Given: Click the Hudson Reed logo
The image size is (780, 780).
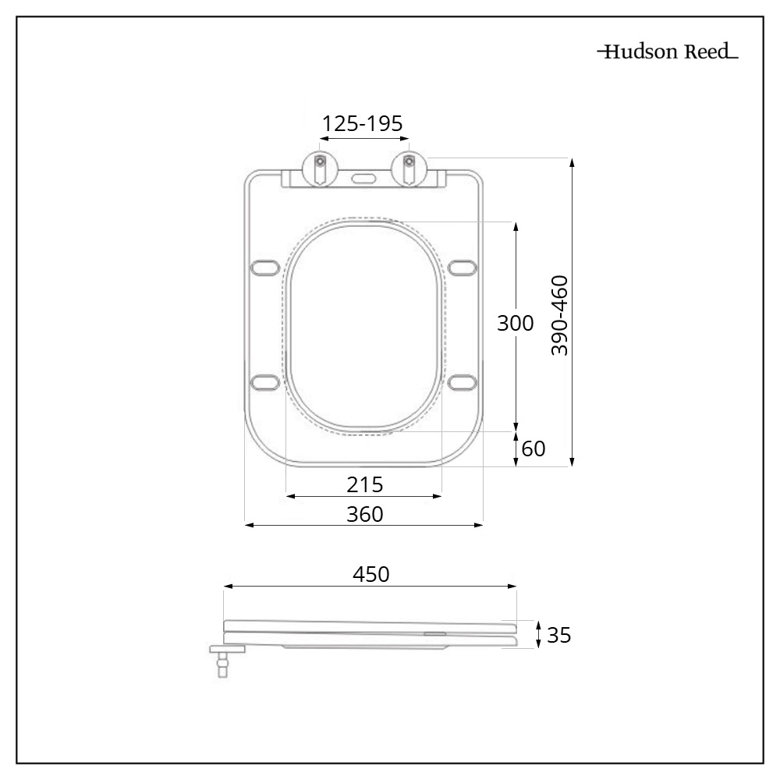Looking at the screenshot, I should click(668, 53).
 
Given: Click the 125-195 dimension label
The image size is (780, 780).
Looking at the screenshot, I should click(363, 123).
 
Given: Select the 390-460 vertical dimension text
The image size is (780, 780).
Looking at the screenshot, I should click(559, 314).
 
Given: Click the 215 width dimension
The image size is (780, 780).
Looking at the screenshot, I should click(365, 485).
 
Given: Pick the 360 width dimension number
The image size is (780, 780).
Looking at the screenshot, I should click(365, 515).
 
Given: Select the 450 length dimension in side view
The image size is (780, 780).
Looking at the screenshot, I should click(370, 574).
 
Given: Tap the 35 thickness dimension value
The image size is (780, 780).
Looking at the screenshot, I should click(558, 635).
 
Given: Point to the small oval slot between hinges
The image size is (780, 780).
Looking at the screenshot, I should click(363, 177).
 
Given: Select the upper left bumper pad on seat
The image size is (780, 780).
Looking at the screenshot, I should click(265, 268).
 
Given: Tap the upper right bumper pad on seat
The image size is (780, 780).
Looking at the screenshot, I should click(462, 268).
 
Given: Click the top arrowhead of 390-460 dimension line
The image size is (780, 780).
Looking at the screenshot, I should click(573, 162).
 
